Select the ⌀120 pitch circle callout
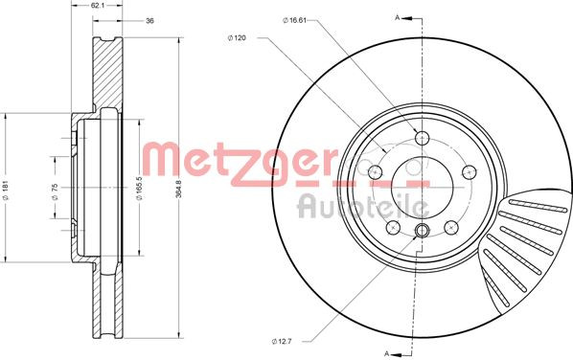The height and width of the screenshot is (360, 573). pos(237,37)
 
